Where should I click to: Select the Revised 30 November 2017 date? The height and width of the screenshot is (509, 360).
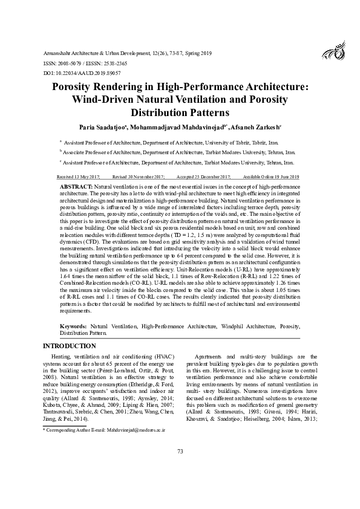tap(138, 177)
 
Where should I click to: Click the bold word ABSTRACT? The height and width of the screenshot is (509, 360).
tap(76, 188)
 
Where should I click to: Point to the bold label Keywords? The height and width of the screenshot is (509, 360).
tap(73, 326)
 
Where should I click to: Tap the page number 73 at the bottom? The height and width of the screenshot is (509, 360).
tap(180, 469)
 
